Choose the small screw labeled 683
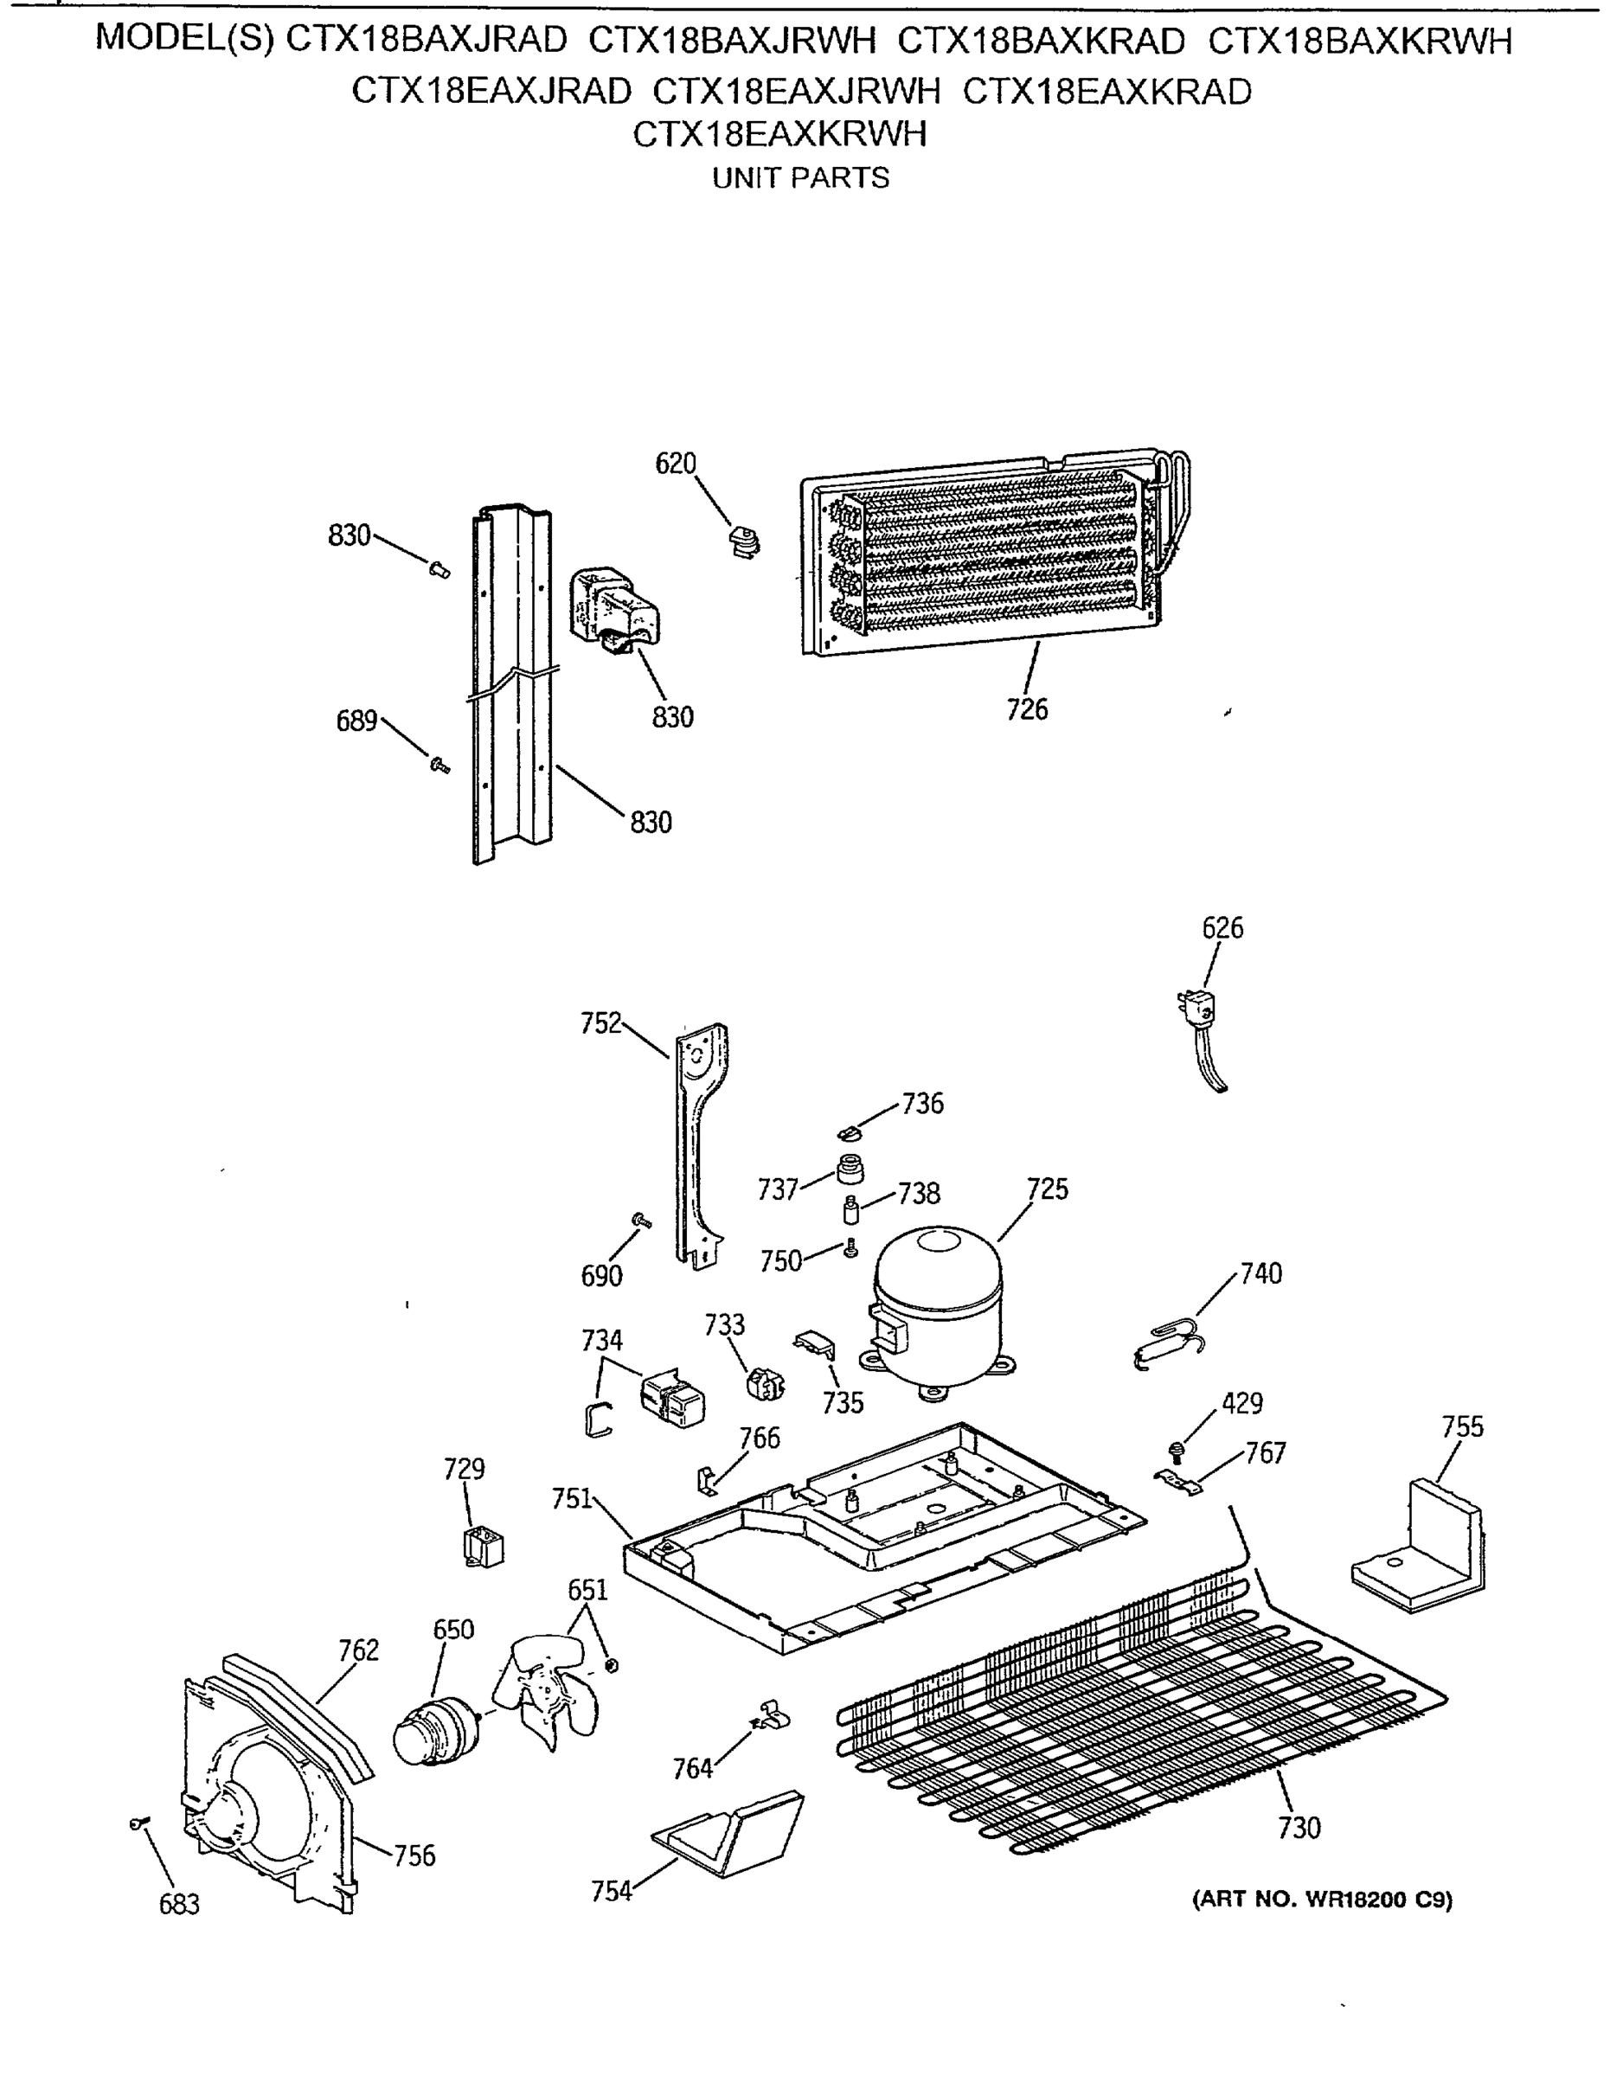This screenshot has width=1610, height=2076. click(138, 1823)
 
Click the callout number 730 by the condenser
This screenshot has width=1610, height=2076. click(1299, 1827)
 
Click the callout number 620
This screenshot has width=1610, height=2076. click(676, 464)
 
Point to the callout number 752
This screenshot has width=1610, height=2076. click(600, 1024)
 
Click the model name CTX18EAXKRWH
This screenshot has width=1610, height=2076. click(779, 134)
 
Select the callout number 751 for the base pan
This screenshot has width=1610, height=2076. click(571, 1498)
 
